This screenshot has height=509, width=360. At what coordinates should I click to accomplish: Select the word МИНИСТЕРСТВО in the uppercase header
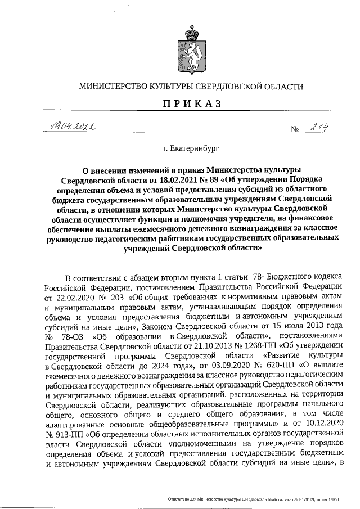point(115,87)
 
